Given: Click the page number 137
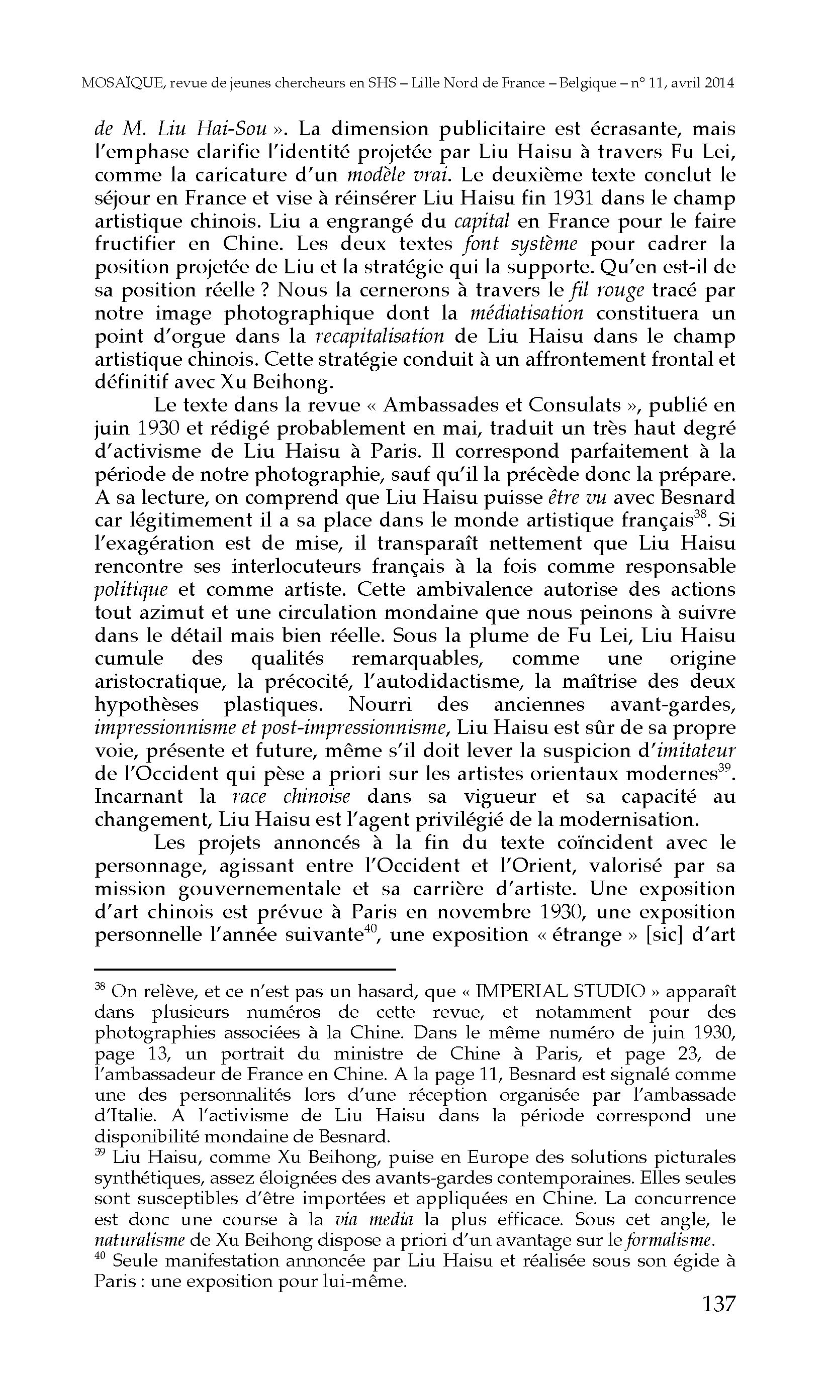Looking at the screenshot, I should pos(718,1303).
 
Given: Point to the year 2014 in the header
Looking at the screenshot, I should pos(720,83).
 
